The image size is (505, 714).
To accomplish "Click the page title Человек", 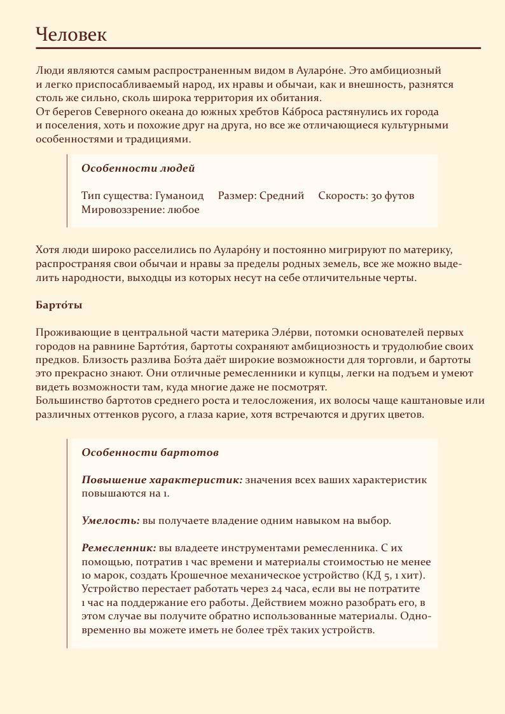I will tap(71, 34).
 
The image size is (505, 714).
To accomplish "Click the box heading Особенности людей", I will tap(138, 168).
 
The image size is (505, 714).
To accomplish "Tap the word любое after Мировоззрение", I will tap(183, 210).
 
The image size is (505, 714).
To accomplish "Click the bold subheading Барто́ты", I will tap(59, 305).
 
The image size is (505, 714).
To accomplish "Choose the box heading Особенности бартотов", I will tap(150, 453).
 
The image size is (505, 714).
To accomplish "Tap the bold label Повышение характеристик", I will tap(162, 480).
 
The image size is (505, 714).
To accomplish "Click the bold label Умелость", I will tap(111, 521).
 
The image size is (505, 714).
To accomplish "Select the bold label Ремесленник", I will tap(119, 548).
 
